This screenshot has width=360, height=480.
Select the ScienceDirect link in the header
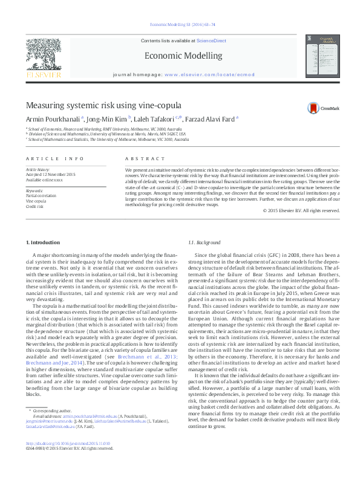coord(211,40)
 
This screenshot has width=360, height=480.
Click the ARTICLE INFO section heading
coord(54,159)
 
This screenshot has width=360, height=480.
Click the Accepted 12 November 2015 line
coord(50,174)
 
